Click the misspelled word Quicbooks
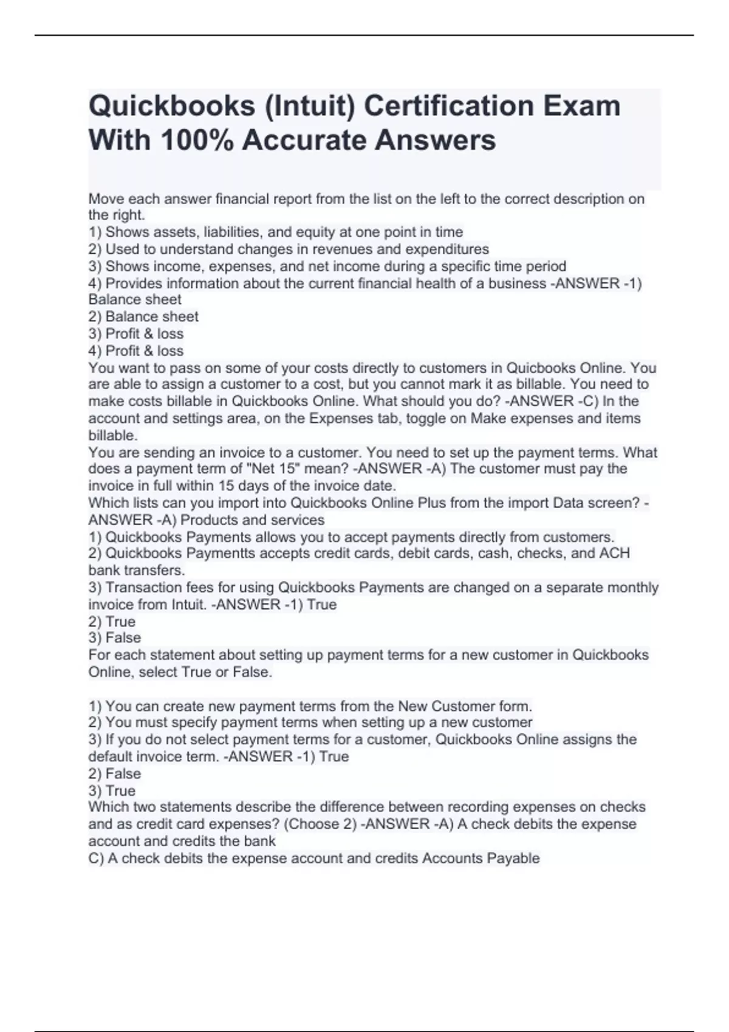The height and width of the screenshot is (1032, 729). (x=541, y=368)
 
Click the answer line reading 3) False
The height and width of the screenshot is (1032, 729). (x=115, y=638)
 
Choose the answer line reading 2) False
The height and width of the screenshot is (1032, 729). (x=115, y=774)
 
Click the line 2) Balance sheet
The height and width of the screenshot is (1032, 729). (x=143, y=317)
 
